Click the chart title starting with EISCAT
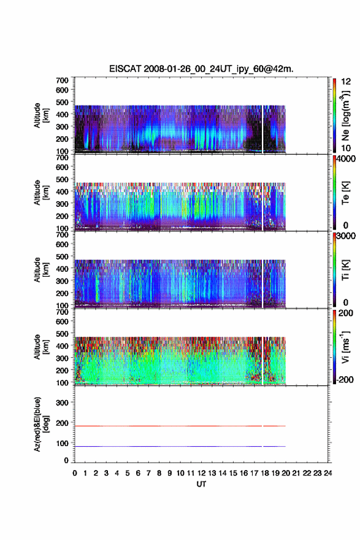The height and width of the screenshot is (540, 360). [201, 69]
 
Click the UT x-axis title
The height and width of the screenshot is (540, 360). [201, 484]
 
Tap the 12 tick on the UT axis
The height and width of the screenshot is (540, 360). [201, 473]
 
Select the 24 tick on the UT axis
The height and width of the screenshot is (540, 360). [328, 473]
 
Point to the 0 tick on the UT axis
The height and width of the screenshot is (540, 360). [75, 473]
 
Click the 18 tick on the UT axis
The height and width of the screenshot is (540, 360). [265, 473]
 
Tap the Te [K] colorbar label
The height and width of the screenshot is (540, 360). [345, 193]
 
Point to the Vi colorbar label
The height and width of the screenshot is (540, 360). [345, 347]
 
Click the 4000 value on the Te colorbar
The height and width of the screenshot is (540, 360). [346, 159]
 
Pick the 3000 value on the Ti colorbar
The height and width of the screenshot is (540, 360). [346, 236]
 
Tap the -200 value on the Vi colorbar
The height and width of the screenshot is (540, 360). [345, 379]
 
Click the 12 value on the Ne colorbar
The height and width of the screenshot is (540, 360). [346, 82]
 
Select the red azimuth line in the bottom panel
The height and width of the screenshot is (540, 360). [180, 426]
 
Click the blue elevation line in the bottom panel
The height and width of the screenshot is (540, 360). [180, 446]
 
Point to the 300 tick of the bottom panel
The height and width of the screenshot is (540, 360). [62, 403]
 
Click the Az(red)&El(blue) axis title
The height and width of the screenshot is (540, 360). [41, 424]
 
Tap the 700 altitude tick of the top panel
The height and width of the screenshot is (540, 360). [62, 80]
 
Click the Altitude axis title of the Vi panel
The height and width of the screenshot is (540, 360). [41, 347]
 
